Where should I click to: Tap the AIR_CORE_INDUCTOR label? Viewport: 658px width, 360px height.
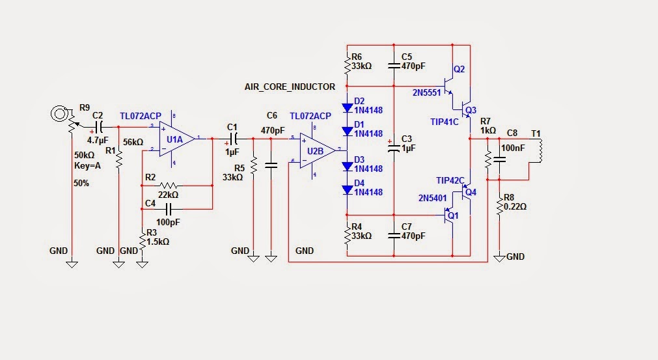tap(290, 87)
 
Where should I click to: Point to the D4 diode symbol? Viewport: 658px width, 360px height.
tap(347, 189)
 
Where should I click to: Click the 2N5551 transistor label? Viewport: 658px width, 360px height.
tap(426, 93)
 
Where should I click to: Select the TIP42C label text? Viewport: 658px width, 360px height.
tap(450, 180)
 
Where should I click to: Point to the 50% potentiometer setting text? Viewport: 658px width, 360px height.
tap(81, 184)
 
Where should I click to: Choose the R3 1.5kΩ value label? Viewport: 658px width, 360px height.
tap(158, 242)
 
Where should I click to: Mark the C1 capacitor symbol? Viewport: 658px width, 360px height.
tap(233, 138)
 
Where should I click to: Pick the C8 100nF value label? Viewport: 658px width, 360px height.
tap(512, 148)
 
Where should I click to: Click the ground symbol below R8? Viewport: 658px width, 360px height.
tap(499, 258)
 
